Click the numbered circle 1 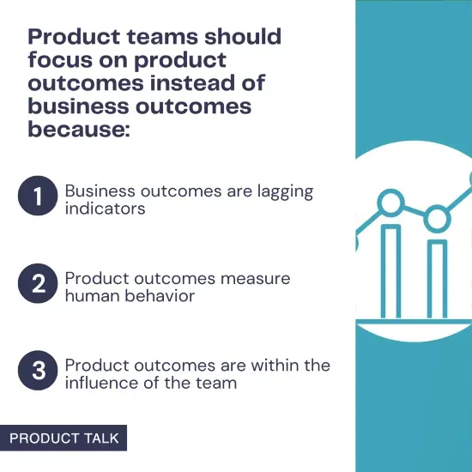[x=37, y=198]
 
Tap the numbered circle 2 [x=37, y=285]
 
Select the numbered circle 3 [x=37, y=372]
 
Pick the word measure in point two [x=256, y=278]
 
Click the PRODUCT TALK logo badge [x=64, y=438]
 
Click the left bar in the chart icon [x=390, y=269]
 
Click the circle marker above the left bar [x=391, y=203]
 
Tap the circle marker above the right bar [x=438, y=218]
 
